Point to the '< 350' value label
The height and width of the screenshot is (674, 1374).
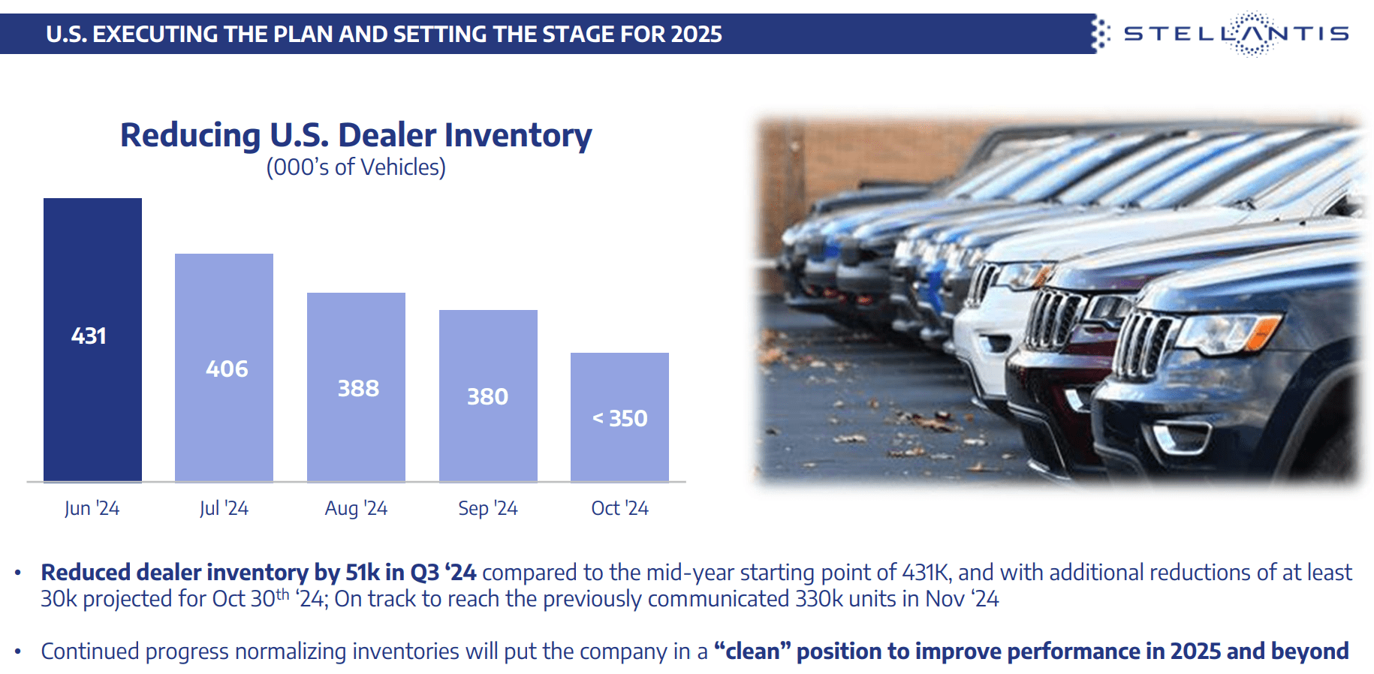click(620, 418)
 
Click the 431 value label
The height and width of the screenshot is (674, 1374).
click(89, 335)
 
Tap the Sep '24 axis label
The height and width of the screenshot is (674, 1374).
click(488, 508)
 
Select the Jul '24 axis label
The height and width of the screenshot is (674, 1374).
click(224, 508)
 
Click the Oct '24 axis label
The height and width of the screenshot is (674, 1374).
click(619, 508)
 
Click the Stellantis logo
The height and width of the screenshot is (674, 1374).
click(1235, 34)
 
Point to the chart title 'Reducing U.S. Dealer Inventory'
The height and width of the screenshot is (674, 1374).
click(356, 135)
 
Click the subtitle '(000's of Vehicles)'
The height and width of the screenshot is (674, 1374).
click(356, 167)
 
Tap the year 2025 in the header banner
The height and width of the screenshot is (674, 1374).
click(697, 35)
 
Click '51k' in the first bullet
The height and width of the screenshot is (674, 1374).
click(363, 573)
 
